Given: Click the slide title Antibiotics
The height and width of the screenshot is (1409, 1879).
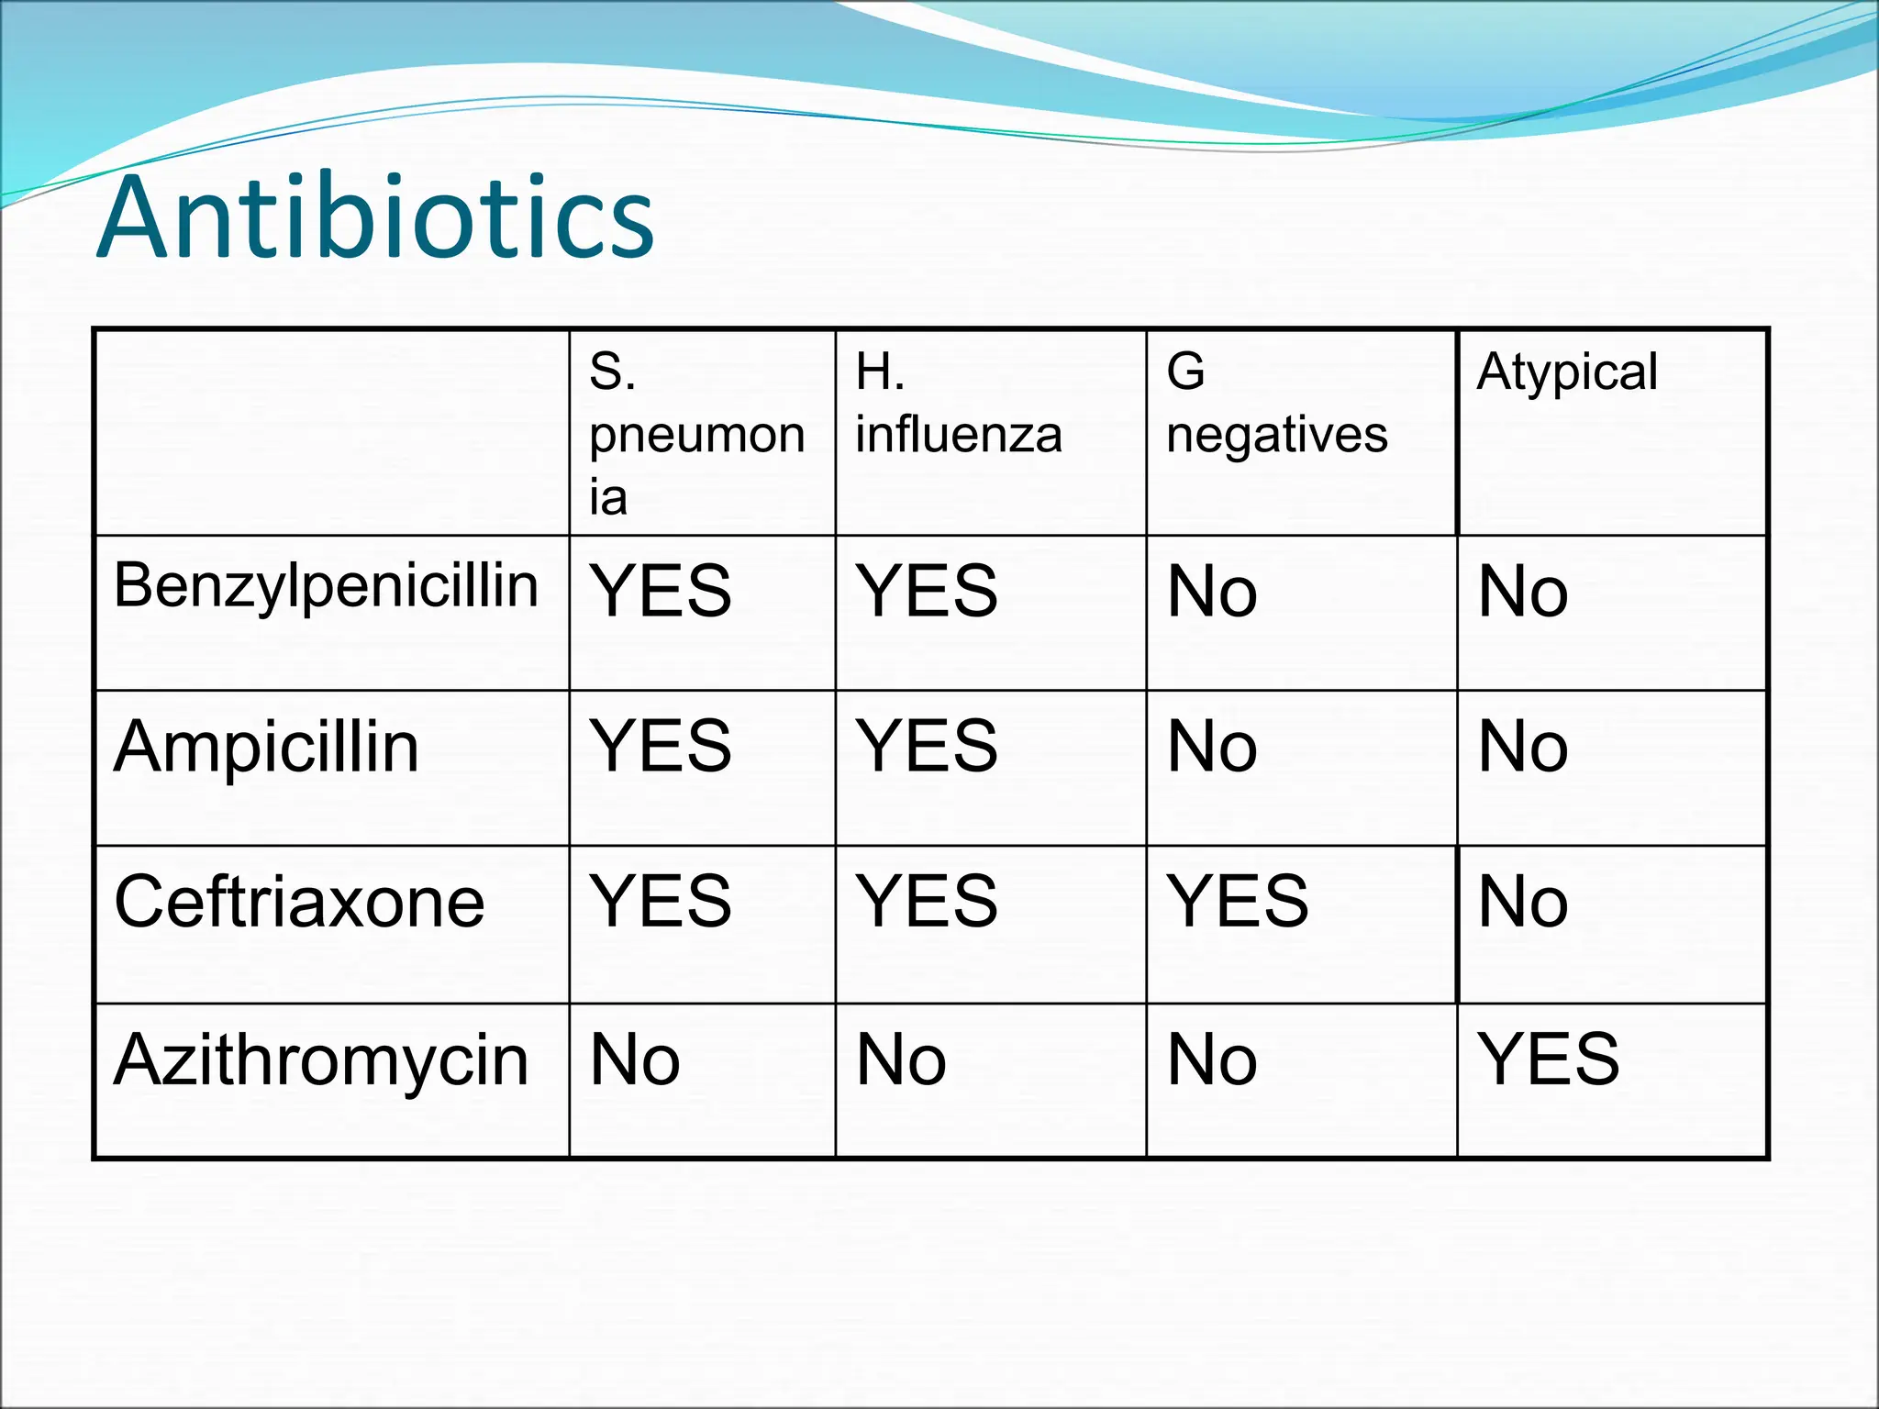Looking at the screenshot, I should (375, 217).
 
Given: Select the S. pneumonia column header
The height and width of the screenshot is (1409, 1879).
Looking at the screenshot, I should (696, 434).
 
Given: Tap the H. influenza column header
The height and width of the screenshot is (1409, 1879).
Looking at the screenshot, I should (958, 404).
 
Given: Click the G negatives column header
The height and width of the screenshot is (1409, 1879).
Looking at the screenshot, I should (1276, 404).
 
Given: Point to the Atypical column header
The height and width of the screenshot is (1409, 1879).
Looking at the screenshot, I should (1567, 372).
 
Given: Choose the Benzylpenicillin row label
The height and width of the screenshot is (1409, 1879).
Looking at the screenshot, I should (326, 585).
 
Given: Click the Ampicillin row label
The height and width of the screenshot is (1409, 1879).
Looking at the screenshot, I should (266, 747).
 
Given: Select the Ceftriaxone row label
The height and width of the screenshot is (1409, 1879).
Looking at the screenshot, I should (299, 902).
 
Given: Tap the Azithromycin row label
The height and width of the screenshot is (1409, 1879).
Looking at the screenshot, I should (321, 1060).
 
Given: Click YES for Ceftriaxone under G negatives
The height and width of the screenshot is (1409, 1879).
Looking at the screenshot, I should (1238, 902).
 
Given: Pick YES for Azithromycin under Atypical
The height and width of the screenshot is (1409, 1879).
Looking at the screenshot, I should (1549, 1060).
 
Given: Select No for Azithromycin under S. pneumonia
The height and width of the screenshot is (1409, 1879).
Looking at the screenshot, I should (635, 1060).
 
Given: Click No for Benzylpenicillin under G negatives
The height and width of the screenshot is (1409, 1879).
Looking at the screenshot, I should (1212, 592).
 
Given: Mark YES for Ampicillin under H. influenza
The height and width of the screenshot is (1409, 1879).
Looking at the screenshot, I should (927, 747).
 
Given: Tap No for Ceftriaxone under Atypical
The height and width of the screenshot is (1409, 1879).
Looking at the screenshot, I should (1523, 902).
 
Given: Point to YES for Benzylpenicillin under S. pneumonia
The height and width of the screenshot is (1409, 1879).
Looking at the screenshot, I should (661, 592).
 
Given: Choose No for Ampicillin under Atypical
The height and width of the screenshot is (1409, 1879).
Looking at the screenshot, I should (1523, 747).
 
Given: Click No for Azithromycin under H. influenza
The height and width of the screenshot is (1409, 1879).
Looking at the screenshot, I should (901, 1060).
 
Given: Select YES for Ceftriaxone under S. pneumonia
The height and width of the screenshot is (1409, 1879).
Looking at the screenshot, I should (661, 902).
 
